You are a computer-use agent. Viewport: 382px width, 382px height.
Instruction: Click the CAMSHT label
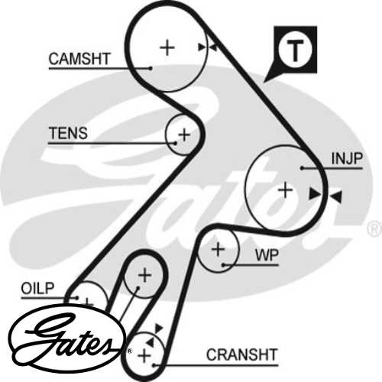pos(79,58)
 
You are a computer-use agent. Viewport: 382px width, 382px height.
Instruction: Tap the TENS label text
pos(67,134)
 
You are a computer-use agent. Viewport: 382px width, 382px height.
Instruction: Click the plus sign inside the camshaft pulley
pos(167,47)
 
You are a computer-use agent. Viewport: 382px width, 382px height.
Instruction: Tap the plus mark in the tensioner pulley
pos(183,135)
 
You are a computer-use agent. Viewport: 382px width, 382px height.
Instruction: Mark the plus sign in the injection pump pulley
pos(286,189)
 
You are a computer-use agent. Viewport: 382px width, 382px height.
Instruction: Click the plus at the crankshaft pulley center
pos(143,353)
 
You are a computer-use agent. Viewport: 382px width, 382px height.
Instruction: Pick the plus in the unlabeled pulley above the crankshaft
pos(144,275)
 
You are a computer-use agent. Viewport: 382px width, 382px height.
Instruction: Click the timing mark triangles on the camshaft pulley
pos(206,47)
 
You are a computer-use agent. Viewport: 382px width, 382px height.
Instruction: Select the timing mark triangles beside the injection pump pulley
pos(325,196)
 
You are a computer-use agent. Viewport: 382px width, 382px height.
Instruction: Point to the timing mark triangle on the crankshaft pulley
pos(158,329)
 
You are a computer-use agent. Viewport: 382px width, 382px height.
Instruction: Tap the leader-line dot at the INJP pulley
pos(303,167)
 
